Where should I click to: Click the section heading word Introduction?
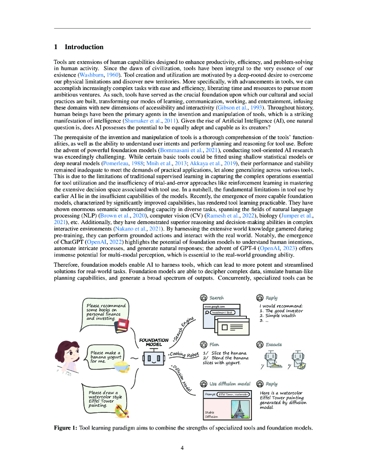click(84, 47)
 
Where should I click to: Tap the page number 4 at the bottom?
click(182, 448)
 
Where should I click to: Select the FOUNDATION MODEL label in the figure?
click(154, 342)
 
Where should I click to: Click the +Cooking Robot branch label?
click(183, 355)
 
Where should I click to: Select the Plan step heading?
click(214, 345)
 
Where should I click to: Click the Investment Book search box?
click(222, 313)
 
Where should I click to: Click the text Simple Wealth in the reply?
click(283, 315)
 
